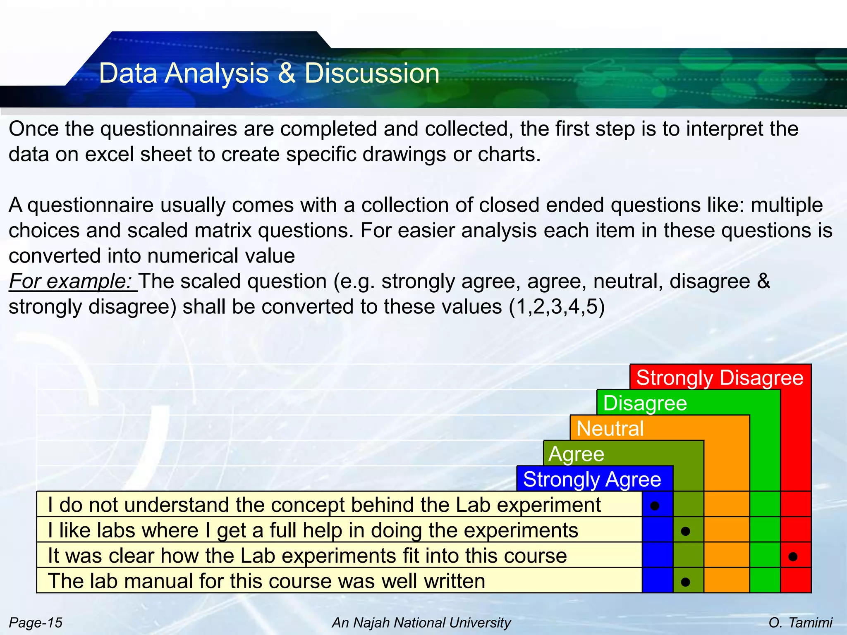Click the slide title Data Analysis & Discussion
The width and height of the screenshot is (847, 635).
[269, 74]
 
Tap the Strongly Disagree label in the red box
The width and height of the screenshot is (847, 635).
[720, 377]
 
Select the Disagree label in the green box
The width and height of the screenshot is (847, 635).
[645, 403]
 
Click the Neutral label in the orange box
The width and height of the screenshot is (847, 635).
[610, 428]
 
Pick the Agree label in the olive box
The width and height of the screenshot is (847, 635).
[576, 454]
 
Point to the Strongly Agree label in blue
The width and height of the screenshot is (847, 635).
[592, 480]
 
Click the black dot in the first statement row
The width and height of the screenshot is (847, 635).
[655, 506]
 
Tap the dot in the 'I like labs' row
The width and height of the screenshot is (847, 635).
[685, 531]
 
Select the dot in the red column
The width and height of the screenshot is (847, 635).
[793, 556]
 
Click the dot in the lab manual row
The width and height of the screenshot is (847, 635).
[685, 582]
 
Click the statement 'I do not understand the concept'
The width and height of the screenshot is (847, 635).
[324, 505]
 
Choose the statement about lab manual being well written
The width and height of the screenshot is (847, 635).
[266, 581]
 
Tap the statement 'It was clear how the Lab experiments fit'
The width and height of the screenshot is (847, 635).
[307, 555]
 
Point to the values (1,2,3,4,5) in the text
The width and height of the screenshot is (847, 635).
[557, 307]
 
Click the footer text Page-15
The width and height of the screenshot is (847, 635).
[36, 622]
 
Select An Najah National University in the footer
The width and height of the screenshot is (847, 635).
[421, 622]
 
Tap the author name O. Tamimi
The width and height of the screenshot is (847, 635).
[800, 622]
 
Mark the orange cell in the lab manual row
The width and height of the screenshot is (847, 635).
[727, 580]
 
